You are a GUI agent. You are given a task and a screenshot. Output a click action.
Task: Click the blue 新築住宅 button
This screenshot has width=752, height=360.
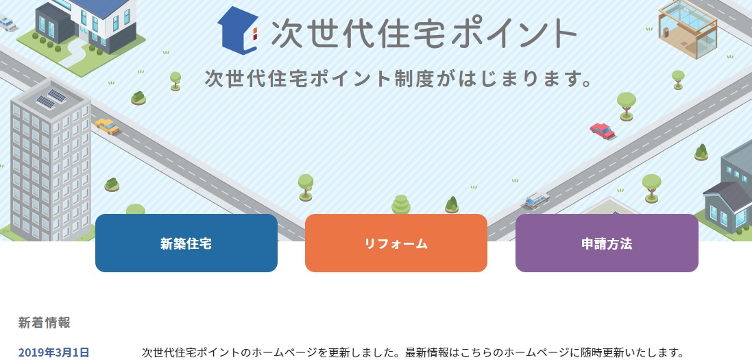pyautogui.click(x=186, y=243)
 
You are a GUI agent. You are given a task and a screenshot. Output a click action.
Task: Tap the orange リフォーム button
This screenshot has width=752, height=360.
pyautogui.click(x=396, y=243)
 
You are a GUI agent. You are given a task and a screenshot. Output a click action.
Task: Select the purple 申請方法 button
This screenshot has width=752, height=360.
pyautogui.click(x=607, y=243)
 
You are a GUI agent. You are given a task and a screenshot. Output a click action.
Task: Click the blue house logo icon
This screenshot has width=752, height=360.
pyautogui.click(x=239, y=29)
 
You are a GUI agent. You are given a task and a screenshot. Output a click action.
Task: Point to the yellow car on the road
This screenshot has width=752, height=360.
pyautogui.click(x=107, y=126)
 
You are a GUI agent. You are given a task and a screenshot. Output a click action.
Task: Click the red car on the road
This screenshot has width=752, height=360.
pyautogui.click(x=603, y=130)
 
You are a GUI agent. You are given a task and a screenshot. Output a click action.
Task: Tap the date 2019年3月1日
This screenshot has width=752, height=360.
pyautogui.click(x=53, y=352)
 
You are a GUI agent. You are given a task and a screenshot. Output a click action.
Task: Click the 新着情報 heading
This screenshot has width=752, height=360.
pyautogui.click(x=44, y=322)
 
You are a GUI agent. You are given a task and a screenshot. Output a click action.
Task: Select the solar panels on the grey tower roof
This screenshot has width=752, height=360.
pyautogui.click(x=51, y=99)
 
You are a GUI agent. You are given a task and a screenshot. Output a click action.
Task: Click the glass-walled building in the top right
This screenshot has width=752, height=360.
pyautogui.click(x=688, y=28)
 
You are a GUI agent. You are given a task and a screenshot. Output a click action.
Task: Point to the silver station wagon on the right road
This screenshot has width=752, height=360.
pyautogui.click(x=537, y=199)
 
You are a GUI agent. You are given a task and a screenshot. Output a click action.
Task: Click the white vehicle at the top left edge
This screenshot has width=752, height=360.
pyautogui.click(x=7, y=23)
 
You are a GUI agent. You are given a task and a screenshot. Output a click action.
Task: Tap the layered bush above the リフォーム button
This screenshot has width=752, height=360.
pyautogui.click(x=401, y=205)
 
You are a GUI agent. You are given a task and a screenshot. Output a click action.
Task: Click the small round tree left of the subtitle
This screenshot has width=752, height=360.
pyautogui.click(x=175, y=81)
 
